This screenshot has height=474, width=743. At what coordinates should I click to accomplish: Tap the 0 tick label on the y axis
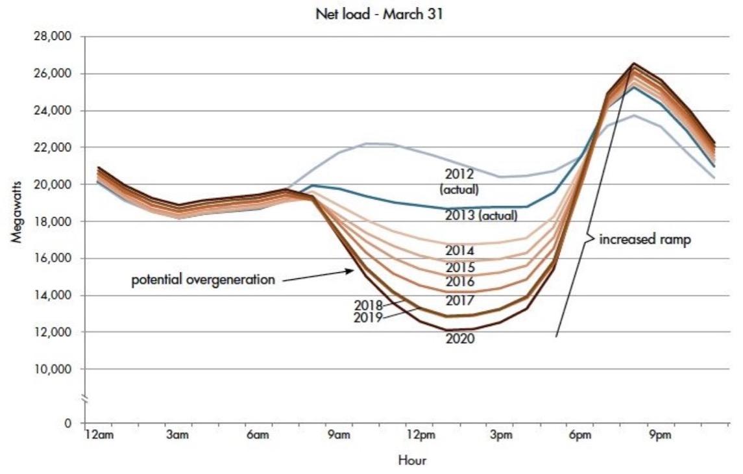pos(68,423)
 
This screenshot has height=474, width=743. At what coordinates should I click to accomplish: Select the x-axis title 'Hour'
pos(412,460)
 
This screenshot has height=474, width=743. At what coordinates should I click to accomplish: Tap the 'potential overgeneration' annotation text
pos(203,281)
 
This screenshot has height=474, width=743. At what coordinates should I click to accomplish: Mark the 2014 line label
pos(459,251)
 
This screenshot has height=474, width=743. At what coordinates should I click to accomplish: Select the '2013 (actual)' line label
pos(481,216)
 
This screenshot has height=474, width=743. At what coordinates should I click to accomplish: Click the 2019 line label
pos(367,318)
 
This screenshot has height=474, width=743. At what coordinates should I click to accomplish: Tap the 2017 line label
pos(459,301)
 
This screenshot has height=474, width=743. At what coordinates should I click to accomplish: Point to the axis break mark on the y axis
pos(85,397)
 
